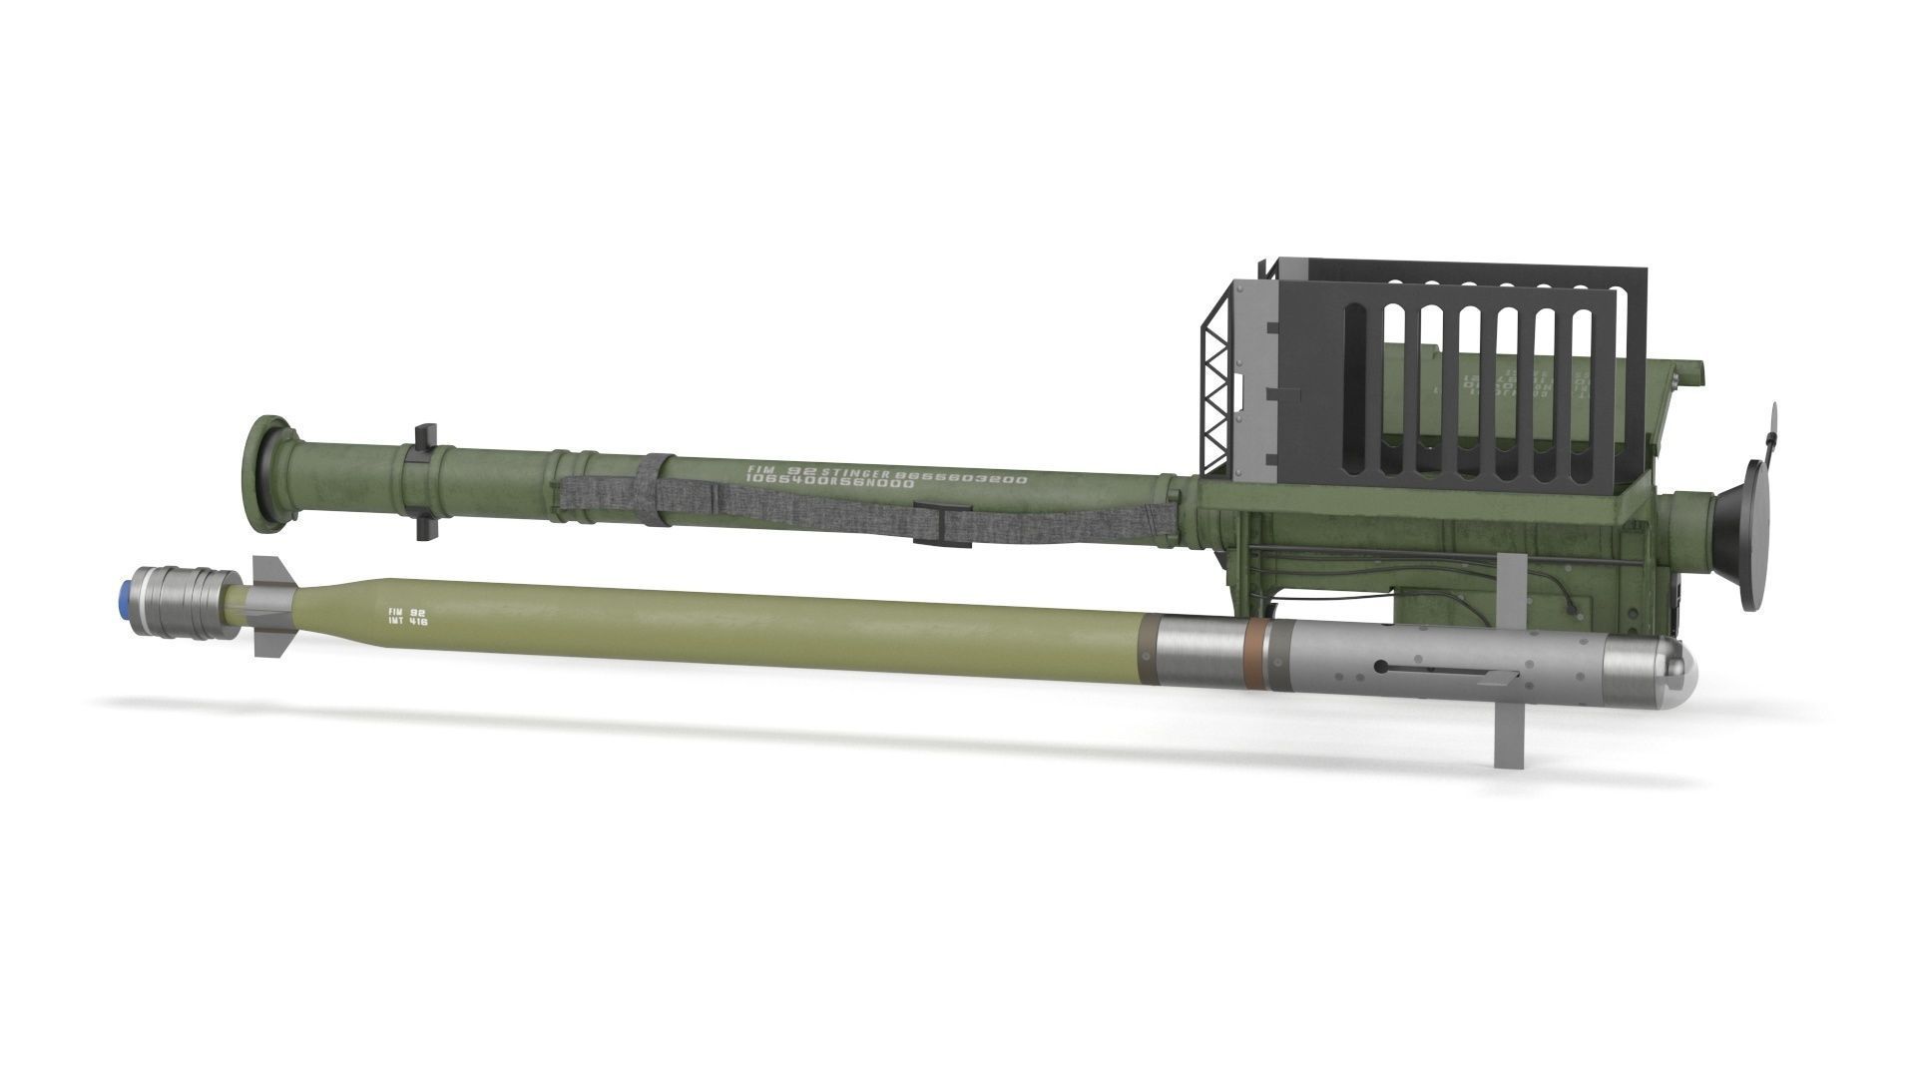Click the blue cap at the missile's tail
[128, 597]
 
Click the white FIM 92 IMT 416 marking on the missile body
[407, 616]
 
